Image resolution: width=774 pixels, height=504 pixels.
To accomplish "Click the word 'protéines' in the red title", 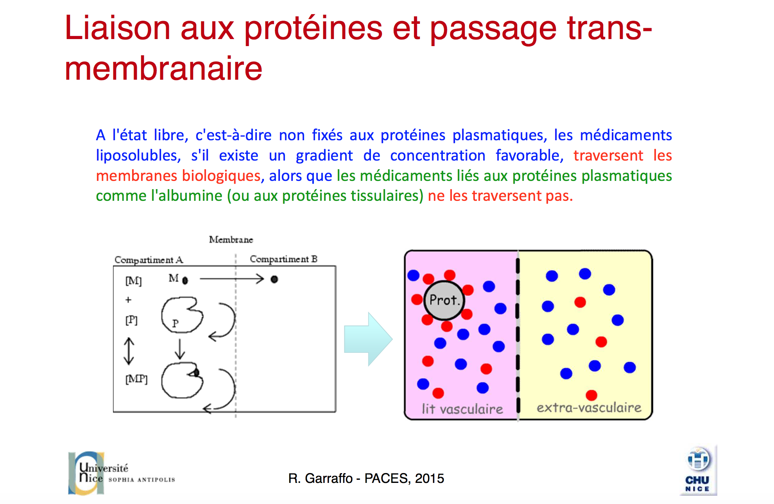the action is (x=313, y=30).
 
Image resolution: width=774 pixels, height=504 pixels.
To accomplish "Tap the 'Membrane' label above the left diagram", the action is (x=231, y=239).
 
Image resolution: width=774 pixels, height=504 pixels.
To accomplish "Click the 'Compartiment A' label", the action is (x=149, y=260).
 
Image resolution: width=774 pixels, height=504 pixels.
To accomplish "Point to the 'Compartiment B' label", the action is (x=283, y=259).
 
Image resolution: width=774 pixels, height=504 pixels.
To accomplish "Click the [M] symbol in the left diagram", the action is (x=133, y=281).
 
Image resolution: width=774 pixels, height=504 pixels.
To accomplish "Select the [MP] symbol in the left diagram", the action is (x=136, y=379).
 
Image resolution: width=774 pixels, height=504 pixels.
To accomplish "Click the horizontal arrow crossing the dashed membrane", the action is (x=232, y=279).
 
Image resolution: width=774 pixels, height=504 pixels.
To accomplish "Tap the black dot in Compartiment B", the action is (x=274, y=279).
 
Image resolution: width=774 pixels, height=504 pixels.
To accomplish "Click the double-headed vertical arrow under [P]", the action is (x=129, y=351).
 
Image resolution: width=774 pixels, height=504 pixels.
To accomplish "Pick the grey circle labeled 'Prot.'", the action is (x=444, y=300).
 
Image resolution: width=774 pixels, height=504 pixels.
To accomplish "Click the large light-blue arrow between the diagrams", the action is (x=368, y=339).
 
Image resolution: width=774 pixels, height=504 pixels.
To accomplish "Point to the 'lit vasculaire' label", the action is (x=462, y=409).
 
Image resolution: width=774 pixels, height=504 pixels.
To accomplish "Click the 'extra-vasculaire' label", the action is (x=589, y=408).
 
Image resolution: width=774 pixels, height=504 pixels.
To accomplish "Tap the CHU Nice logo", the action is (x=698, y=470).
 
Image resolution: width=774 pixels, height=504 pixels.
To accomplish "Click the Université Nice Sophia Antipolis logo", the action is (x=121, y=473).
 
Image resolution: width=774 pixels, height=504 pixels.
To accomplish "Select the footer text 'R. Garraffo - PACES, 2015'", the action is (x=366, y=478).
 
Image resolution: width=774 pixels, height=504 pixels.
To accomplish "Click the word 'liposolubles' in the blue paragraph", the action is (x=138, y=155).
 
